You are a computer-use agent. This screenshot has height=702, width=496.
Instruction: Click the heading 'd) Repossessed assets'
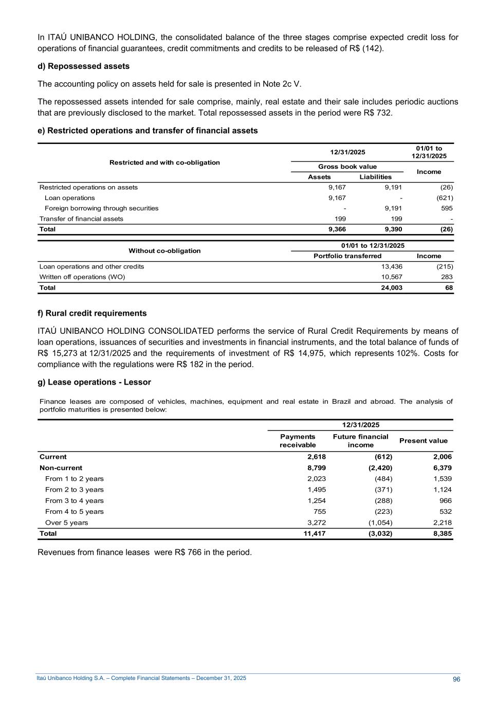pyautogui.click(x=83, y=66)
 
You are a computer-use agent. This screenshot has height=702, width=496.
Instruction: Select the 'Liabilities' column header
pyautogui.click(x=375, y=177)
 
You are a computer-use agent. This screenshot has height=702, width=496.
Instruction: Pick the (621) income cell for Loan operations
pyautogui.click(x=445, y=198)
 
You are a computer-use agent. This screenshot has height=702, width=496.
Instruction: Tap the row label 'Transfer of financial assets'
pyautogui.click(x=81, y=219)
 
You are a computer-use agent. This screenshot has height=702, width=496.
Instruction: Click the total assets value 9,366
pyautogui.click(x=337, y=229)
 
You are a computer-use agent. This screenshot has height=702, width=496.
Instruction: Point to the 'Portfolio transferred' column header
pyautogui.click(x=347, y=256)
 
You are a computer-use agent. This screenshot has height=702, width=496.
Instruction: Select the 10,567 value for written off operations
pyautogui.click(x=392, y=277)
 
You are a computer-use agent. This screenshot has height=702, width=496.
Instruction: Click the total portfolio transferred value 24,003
pyautogui.click(x=392, y=288)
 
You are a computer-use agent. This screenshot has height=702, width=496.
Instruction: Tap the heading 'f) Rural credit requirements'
pyautogui.click(x=92, y=313)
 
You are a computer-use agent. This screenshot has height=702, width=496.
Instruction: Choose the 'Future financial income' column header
pyautogui.click(x=360, y=441)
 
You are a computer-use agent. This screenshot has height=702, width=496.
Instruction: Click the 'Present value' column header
pyautogui.click(x=425, y=441)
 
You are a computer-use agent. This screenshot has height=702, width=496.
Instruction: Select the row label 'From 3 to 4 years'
pyautogui.click(x=74, y=501)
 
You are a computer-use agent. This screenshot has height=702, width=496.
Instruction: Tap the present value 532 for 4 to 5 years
pyautogui.click(x=446, y=512)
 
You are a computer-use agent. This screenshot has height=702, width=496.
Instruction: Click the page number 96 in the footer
pyautogui.click(x=456, y=679)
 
